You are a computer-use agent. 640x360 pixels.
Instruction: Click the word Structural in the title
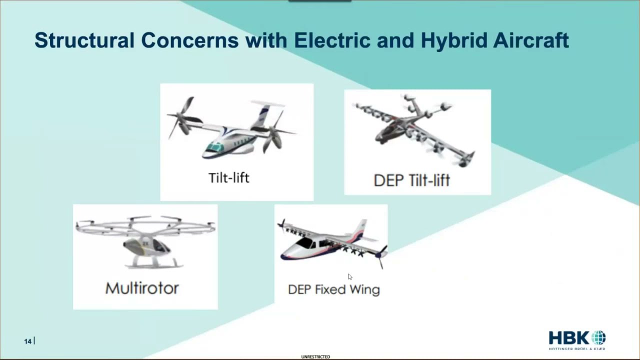[x=84, y=40]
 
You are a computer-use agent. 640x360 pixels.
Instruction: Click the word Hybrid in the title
[x=453, y=40]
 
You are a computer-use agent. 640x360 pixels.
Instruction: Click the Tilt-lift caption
[x=228, y=177]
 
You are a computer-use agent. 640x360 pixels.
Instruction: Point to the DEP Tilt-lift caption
[x=411, y=180]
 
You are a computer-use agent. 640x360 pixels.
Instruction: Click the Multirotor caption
[x=142, y=288]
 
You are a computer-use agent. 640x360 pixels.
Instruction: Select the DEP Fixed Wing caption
[x=333, y=289]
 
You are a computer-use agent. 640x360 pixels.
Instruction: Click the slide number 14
[x=27, y=341]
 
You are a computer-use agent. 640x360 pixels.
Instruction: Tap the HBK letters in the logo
[x=569, y=338]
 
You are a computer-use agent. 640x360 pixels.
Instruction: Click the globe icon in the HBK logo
[x=598, y=337]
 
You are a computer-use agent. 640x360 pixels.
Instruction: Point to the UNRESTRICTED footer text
[x=315, y=357]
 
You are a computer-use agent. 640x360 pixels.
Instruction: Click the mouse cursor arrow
[x=350, y=277]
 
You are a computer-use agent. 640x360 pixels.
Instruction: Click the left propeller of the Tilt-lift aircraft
[x=181, y=117]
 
